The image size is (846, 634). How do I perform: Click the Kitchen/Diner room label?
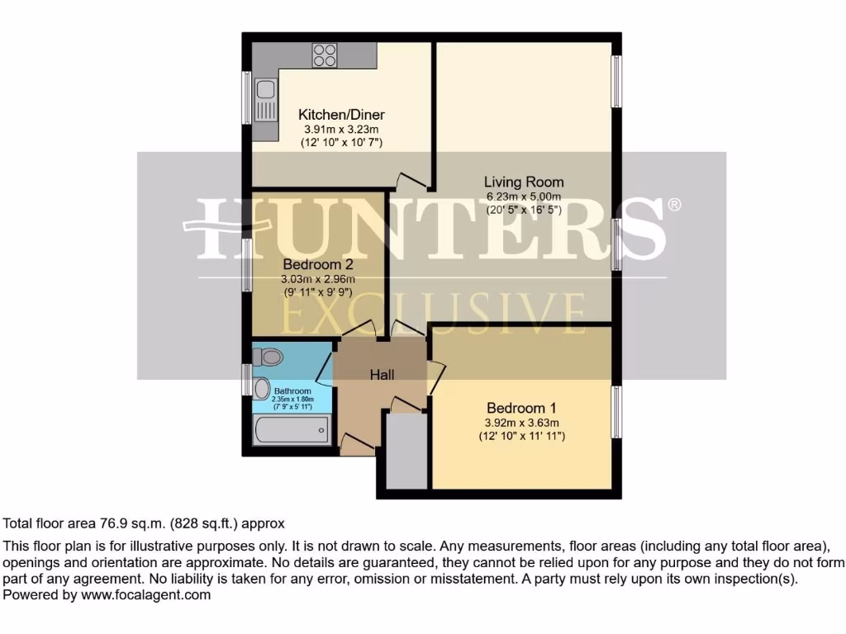(341, 115)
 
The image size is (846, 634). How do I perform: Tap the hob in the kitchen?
(324, 54)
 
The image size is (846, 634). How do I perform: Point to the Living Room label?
(524, 182)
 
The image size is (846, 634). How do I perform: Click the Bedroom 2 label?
(318, 265)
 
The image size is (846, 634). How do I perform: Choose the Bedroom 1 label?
(521, 408)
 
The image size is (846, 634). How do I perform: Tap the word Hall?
(382, 375)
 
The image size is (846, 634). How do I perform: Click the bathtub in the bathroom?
(292, 431)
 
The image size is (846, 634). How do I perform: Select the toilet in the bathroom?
(268, 357)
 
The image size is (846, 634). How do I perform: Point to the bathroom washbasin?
(261, 387)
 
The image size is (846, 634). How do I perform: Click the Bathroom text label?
(292, 390)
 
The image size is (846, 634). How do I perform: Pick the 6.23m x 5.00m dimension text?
(524, 196)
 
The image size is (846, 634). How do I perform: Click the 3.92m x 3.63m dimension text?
(521, 422)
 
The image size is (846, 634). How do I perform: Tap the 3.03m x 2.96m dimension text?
(318, 279)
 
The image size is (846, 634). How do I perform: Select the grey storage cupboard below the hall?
(406, 451)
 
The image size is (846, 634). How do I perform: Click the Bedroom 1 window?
(615, 413)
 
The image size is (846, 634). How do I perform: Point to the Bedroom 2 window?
(246, 265)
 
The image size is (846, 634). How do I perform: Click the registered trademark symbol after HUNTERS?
(674, 204)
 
